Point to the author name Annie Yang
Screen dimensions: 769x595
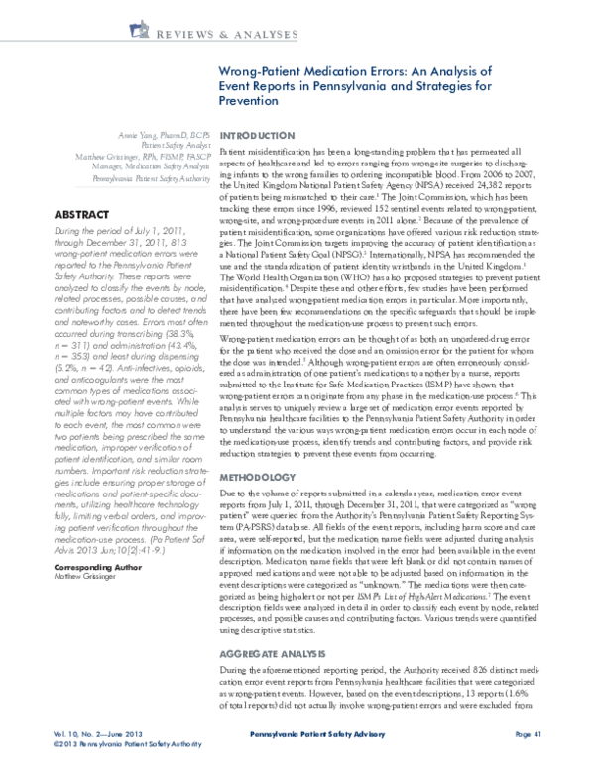144,133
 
